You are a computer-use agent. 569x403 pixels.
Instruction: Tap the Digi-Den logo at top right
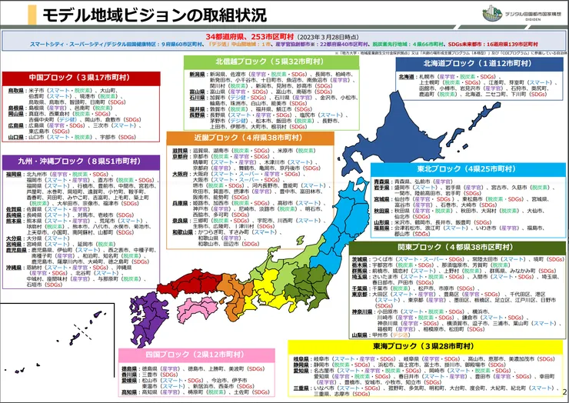click(511, 14)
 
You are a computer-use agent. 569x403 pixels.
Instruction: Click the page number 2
click(564, 393)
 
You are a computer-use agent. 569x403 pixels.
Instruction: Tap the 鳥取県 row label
click(15, 90)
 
